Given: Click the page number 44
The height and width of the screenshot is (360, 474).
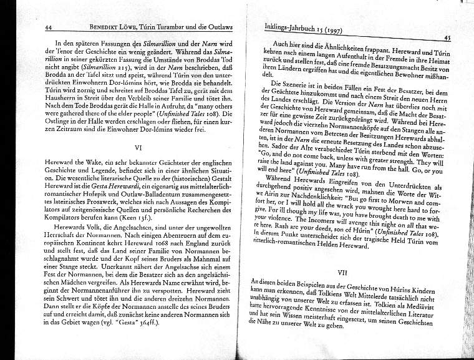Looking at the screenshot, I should [47, 27].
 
